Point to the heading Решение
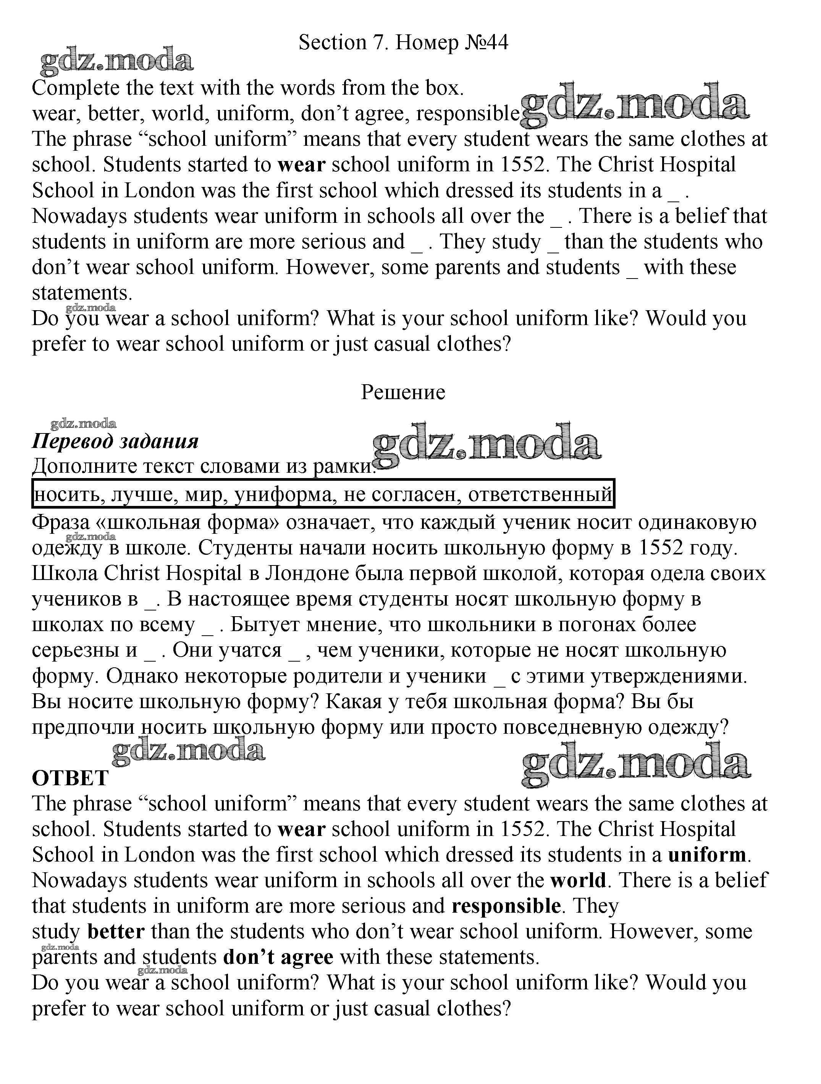point(403,392)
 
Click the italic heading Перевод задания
point(115,441)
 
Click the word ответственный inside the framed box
point(540,494)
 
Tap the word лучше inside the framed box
point(143,494)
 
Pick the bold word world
point(578,880)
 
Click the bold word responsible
point(506,905)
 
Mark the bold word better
point(116,931)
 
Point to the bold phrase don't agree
point(278,957)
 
